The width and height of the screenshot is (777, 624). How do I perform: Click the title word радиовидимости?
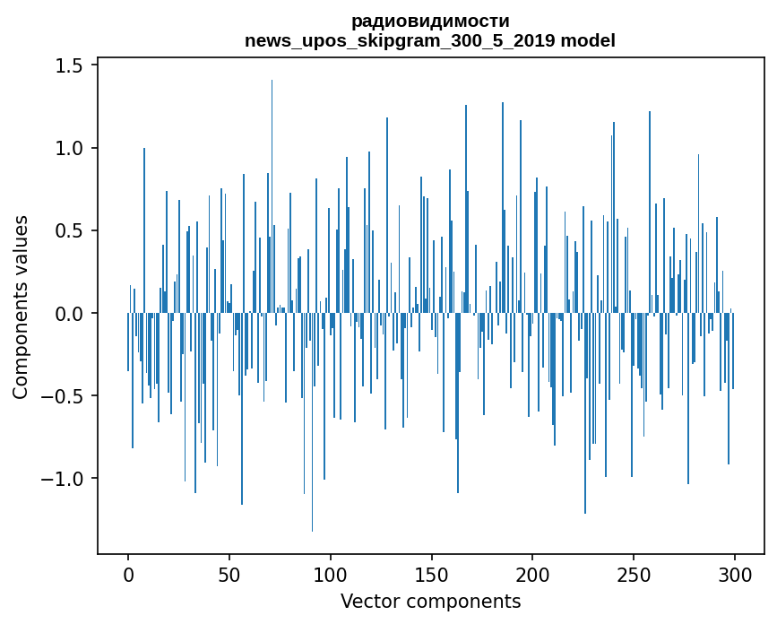[430, 21]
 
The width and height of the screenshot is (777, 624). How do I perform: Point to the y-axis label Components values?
[21, 307]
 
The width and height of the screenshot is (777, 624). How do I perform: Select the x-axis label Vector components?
[430, 601]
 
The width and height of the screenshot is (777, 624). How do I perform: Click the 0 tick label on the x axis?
[128, 574]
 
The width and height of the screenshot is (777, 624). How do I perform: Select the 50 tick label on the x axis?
[229, 574]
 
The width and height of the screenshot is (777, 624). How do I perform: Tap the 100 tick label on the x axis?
[331, 574]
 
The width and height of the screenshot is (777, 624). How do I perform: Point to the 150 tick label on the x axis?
[432, 574]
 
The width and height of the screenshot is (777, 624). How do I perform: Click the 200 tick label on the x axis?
[533, 574]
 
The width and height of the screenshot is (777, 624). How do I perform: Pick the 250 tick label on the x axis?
[634, 574]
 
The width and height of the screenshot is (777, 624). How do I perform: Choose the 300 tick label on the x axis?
[735, 574]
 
